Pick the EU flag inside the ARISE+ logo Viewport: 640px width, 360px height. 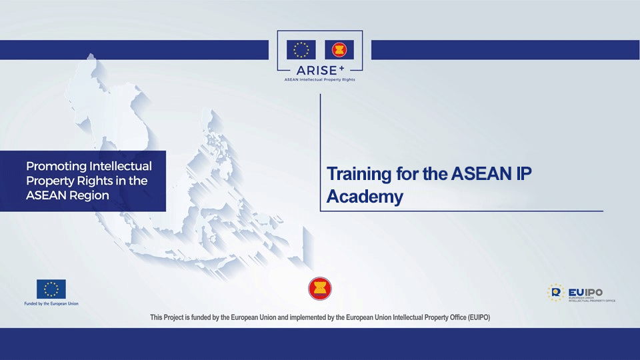(301, 50)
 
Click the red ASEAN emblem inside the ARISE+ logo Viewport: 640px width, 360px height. (339, 50)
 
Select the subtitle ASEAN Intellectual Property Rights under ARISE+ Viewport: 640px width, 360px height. (320, 79)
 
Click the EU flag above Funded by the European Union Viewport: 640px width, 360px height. (51, 289)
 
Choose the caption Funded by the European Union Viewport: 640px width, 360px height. (51, 303)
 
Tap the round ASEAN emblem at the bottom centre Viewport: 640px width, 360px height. (319, 289)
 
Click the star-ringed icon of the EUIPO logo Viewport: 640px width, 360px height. (556, 292)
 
